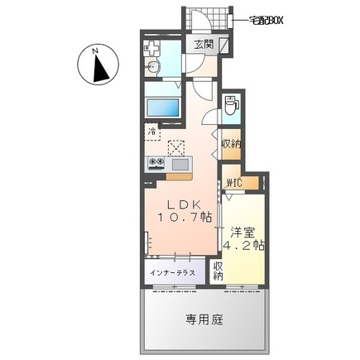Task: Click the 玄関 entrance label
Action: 202,46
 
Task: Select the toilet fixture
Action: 233,106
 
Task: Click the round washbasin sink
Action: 154,69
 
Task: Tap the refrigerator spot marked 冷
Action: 152,131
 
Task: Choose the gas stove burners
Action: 156,163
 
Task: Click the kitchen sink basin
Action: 180,163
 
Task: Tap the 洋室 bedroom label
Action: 242,233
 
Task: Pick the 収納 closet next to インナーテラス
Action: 218,271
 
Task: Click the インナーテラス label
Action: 173,271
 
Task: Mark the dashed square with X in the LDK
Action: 176,148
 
